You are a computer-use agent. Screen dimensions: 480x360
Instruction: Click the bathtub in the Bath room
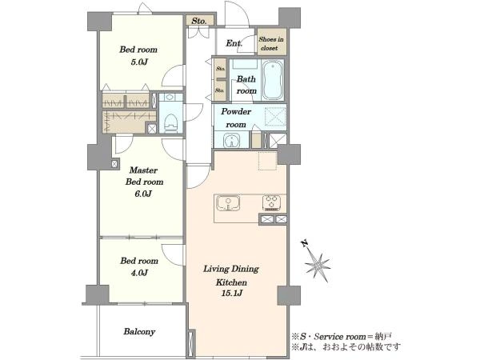coord(273,79)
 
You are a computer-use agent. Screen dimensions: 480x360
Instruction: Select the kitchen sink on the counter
coord(228,203)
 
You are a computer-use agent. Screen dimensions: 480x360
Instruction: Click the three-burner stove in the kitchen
coord(271,202)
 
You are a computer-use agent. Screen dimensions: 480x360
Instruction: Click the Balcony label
coord(139,331)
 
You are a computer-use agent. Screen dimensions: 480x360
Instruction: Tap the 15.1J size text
coord(232,293)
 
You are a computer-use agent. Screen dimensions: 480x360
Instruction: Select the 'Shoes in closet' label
coord(271,43)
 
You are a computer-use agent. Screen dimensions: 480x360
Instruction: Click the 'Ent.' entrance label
coord(234,43)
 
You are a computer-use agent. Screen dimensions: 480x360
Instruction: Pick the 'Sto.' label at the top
coord(199,21)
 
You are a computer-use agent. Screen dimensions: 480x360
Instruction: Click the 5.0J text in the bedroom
coord(139,62)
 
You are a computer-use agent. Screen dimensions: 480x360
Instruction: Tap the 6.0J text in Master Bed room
coord(143,194)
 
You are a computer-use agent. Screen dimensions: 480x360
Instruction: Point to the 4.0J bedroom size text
coord(139,273)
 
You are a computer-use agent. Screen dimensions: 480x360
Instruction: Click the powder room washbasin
coord(232,141)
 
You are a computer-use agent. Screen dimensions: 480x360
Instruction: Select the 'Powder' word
coord(236,111)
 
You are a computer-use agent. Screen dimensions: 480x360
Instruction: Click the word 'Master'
coord(143,170)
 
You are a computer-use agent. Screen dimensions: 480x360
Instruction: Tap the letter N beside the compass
coord(304,244)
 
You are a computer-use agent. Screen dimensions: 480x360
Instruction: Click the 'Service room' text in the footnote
coord(340,337)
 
